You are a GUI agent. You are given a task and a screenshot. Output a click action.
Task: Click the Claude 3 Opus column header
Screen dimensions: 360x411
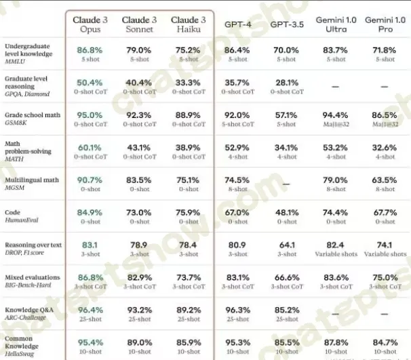[90, 24]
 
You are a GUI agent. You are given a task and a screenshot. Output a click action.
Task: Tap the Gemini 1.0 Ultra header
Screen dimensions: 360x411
[336, 24]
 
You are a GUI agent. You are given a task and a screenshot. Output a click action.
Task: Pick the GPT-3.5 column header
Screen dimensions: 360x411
[286, 24]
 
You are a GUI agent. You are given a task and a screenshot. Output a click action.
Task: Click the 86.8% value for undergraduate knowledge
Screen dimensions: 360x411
[90, 49]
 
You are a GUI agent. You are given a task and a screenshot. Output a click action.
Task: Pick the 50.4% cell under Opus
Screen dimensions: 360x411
[90, 82]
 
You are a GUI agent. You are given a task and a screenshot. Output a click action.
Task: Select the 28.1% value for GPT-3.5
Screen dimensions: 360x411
[286, 82]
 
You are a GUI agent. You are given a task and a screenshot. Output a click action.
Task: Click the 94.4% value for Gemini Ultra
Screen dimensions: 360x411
[336, 115]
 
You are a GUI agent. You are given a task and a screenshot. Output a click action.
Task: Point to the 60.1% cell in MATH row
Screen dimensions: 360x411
[90, 147]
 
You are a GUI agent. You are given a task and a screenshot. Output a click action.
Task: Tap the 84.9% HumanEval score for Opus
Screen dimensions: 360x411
[90, 212]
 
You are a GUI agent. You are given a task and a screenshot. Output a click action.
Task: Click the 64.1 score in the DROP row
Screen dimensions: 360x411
[286, 245]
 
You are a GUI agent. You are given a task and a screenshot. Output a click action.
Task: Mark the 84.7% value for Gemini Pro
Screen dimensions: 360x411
[385, 342]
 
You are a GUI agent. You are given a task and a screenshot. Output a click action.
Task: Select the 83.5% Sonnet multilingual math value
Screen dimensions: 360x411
[139, 180]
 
